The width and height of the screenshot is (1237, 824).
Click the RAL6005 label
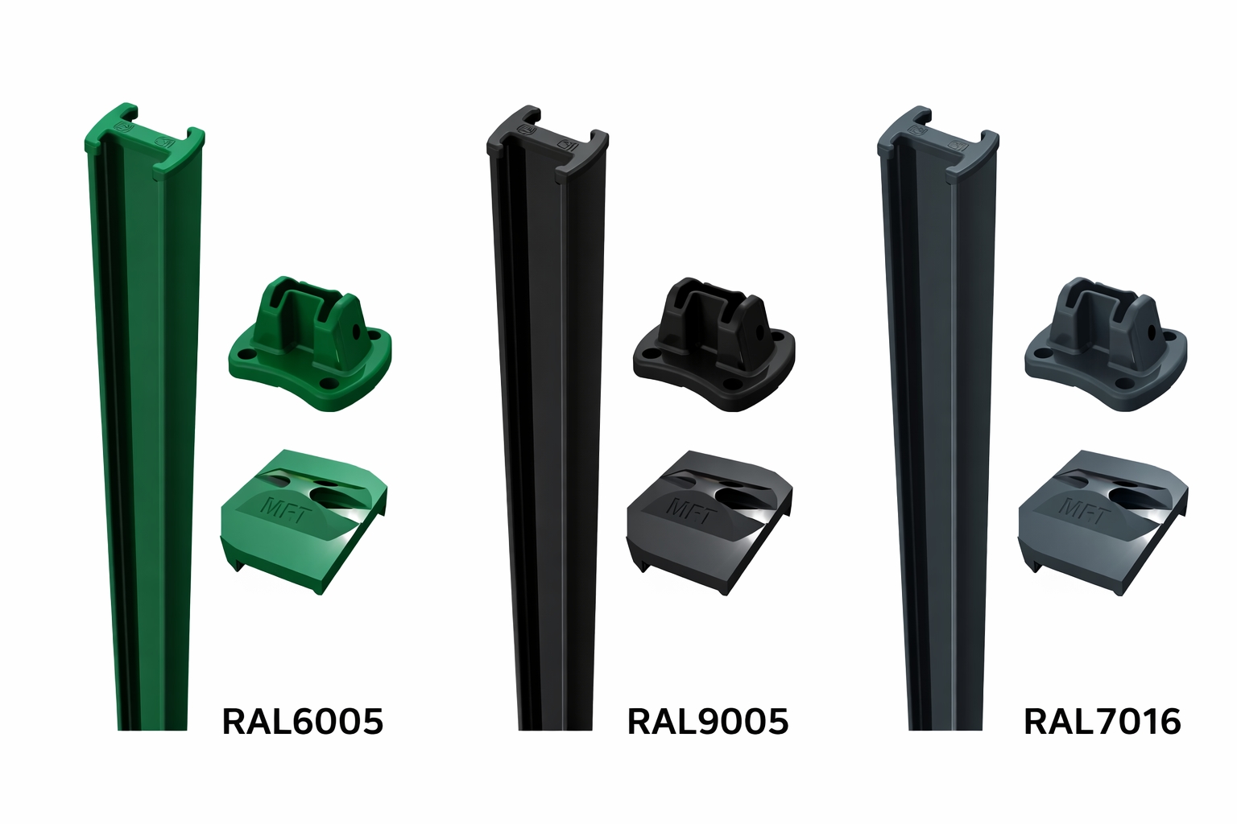[x=302, y=721]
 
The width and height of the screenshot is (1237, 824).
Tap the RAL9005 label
[x=708, y=721]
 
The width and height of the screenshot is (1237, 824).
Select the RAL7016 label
[x=1103, y=721]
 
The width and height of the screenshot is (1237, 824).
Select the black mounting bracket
[x=714, y=344]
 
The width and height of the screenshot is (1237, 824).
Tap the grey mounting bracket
[x=1106, y=344]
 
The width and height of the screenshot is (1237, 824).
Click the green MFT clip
[x=304, y=521]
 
